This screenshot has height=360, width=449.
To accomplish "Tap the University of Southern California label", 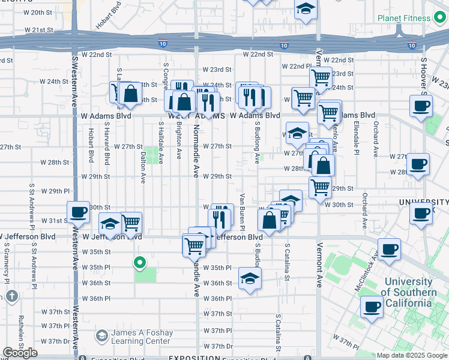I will point(408,292).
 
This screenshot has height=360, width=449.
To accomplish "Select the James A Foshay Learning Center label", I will point(141,337).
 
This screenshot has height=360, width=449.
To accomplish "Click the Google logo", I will point(20,353).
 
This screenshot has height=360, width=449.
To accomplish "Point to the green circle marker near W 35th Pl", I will point(140,262).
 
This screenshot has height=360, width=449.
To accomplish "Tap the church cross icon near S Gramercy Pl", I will point(12,296).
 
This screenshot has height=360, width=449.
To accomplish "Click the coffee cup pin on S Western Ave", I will point(78,212).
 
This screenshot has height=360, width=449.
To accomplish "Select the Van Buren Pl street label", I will point(243,212).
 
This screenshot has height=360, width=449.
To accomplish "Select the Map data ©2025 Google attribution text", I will point(411,355).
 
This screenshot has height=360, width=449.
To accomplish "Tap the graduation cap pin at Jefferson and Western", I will point(110,224).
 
